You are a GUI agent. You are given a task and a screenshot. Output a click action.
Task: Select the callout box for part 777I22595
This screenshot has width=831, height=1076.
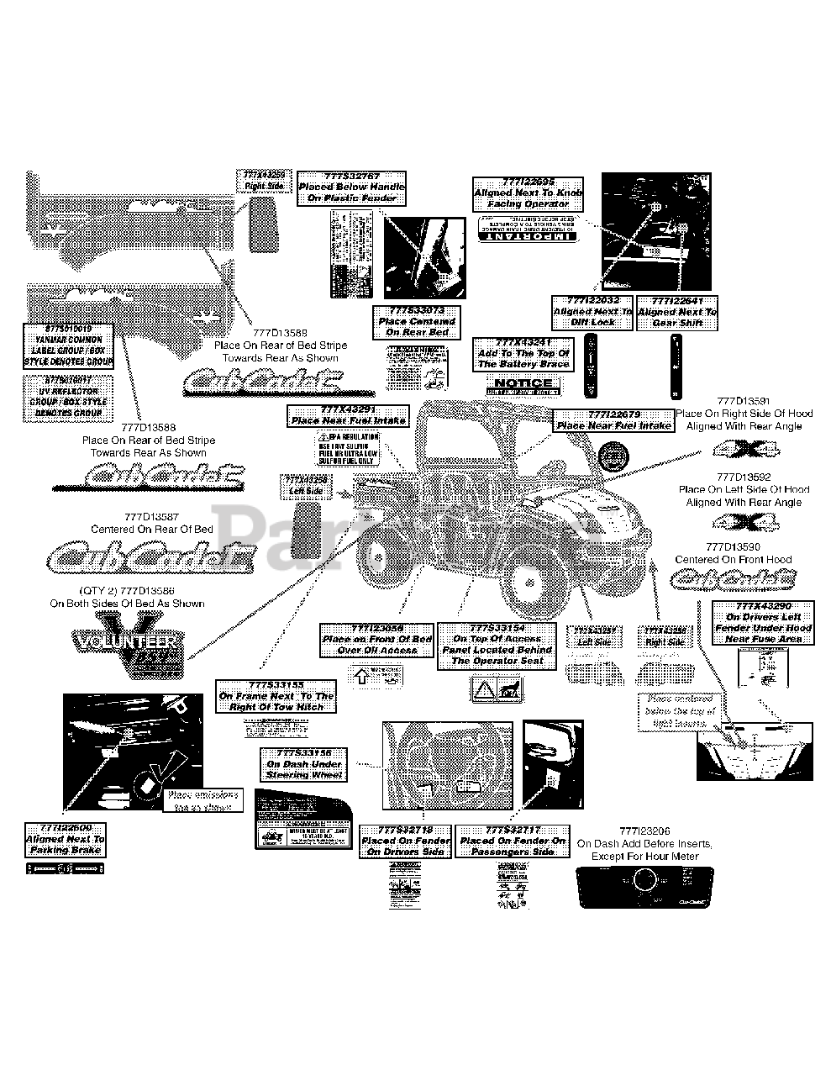(x=528, y=193)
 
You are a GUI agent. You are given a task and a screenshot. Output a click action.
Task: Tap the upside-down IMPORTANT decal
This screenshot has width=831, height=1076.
(x=528, y=229)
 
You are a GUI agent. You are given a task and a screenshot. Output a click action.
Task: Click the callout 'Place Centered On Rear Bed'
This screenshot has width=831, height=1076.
(x=417, y=322)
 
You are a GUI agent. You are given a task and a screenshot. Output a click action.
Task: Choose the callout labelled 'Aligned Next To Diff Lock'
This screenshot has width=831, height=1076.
(x=592, y=312)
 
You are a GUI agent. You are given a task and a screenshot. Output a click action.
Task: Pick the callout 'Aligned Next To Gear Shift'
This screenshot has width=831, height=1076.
(x=677, y=312)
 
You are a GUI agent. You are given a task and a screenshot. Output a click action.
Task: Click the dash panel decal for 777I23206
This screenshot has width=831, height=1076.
(x=645, y=886)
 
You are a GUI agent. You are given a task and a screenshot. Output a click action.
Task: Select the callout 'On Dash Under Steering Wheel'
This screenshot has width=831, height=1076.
(x=304, y=764)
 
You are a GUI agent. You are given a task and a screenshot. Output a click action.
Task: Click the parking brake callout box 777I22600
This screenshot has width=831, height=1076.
(x=66, y=839)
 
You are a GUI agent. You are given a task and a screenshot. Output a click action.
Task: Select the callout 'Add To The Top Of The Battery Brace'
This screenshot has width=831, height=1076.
(x=523, y=354)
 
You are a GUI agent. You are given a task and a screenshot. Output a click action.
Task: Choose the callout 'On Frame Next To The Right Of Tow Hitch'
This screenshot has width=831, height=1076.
(x=276, y=696)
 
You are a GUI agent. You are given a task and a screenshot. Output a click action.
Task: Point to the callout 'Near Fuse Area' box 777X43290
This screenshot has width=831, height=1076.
(x=751, y=622)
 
